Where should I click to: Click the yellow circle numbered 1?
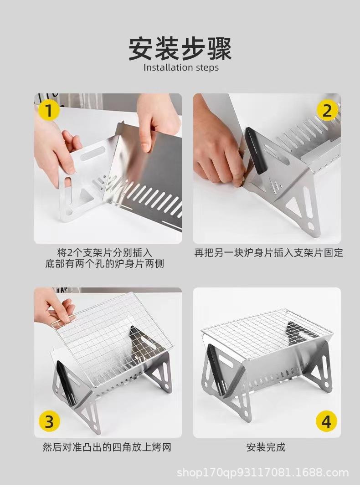49,111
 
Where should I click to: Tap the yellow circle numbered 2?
327,111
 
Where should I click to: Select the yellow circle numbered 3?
49,421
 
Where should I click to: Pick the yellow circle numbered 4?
326,421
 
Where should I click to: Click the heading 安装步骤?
180,49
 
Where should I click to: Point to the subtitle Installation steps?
181,67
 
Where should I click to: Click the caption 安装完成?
266,447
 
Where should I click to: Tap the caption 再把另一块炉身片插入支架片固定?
269,253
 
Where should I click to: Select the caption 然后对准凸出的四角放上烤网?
107,447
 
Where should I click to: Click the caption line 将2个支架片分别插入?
105,252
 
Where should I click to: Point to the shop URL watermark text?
263,473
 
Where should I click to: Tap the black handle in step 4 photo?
216,370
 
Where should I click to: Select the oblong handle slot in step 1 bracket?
92,154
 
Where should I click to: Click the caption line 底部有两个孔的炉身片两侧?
104,264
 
